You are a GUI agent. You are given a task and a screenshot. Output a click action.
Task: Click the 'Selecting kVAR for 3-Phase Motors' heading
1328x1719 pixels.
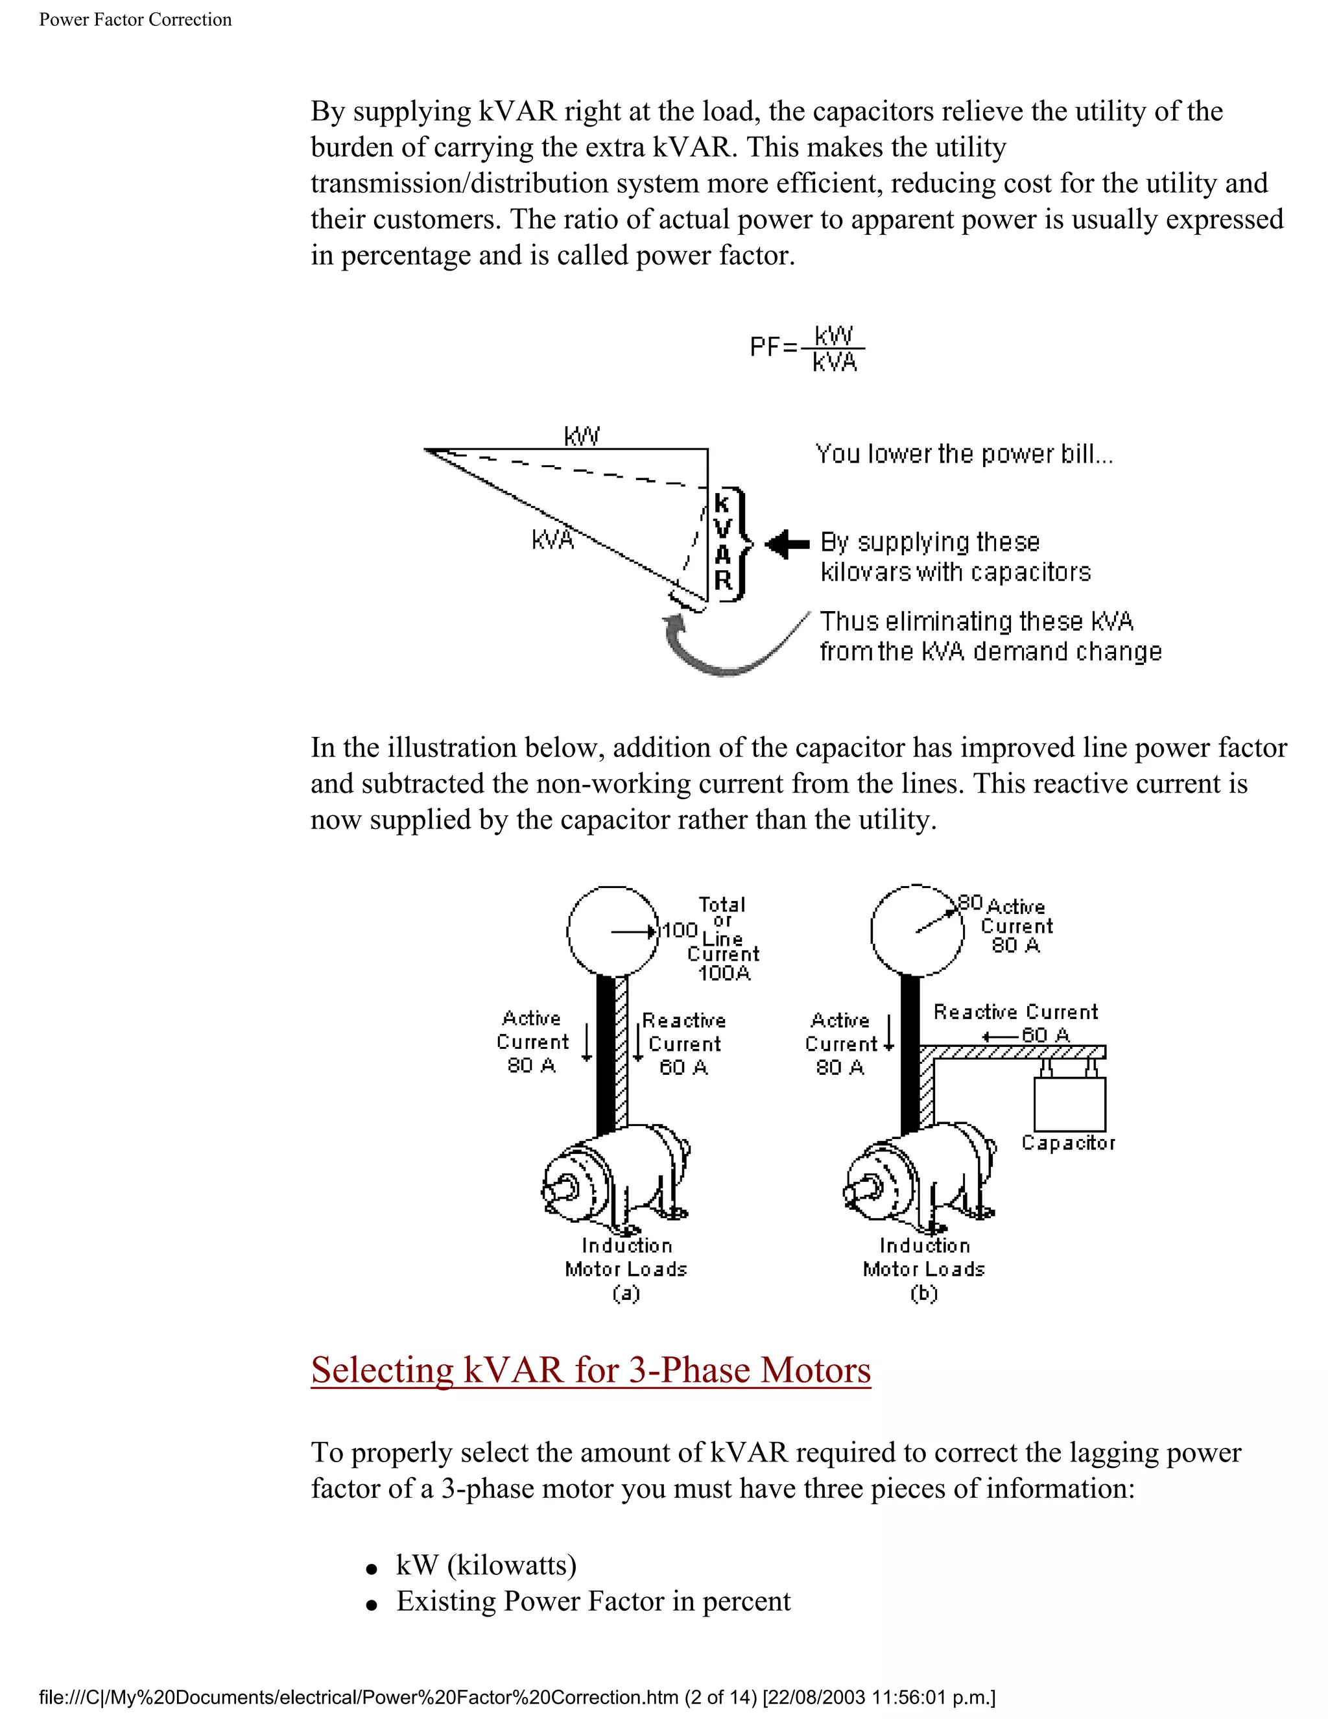[591, 1370]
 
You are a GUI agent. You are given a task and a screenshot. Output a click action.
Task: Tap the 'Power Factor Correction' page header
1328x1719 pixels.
[136, 19]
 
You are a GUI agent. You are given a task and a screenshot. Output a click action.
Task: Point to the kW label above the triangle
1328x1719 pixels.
[582, 435]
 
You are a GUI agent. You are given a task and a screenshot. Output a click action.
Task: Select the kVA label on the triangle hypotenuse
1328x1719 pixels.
[552, 540]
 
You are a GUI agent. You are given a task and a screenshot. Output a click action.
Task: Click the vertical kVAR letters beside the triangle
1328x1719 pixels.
[723, 543]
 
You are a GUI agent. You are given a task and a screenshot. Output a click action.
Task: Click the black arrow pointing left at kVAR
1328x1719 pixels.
[787, 543]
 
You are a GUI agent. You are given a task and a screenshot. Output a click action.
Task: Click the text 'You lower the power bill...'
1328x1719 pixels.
[964, 454]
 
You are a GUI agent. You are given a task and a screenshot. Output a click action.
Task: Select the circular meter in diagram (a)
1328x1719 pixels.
[613, 931]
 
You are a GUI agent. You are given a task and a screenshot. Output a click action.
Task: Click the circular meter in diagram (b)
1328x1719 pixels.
[918, 931]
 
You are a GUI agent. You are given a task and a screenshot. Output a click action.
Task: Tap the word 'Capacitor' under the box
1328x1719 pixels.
[1069, 1143]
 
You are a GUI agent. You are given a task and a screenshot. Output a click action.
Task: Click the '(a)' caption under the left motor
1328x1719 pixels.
[626, 1293]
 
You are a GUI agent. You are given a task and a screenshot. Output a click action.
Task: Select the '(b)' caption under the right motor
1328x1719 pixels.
[923, 1293]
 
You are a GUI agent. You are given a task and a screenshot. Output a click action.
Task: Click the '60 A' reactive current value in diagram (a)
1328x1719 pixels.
[683, 1067]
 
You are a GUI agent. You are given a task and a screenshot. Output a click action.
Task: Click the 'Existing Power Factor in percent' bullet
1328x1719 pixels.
[593, 1600]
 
